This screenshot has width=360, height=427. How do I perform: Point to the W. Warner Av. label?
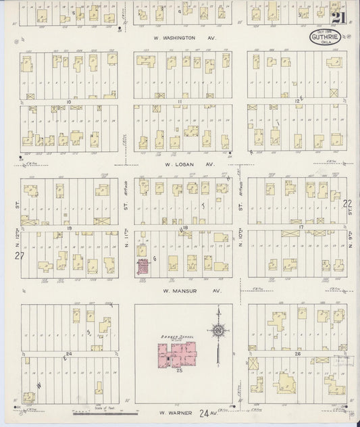[177, 411]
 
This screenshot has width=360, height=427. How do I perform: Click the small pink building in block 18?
[143, 267]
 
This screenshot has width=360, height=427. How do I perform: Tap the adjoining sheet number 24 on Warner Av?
[202, 411]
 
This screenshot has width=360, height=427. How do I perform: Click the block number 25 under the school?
[180, 371]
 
